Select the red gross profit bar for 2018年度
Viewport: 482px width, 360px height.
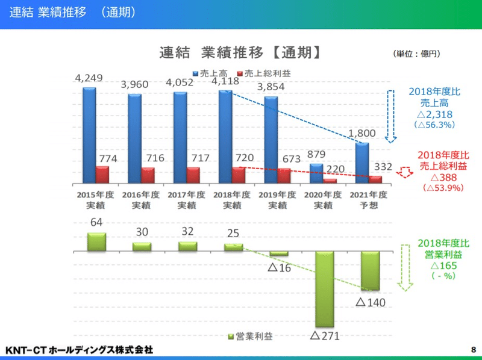click(239, 175)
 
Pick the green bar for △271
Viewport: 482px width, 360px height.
click(324, 289)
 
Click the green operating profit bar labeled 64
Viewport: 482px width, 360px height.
click(96, 241)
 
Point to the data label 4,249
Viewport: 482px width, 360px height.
click(89, 78)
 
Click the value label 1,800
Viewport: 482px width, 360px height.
click(363, 133)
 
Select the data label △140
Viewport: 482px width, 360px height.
click(370, 302)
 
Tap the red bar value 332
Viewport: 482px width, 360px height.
click(384, 166)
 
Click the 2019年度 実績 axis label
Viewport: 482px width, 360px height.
click(277, 200)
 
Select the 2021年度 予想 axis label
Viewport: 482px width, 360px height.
click(368, 200)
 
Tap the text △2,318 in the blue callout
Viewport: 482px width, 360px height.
click(431, 114)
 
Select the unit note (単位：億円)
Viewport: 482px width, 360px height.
click(416, 54)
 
